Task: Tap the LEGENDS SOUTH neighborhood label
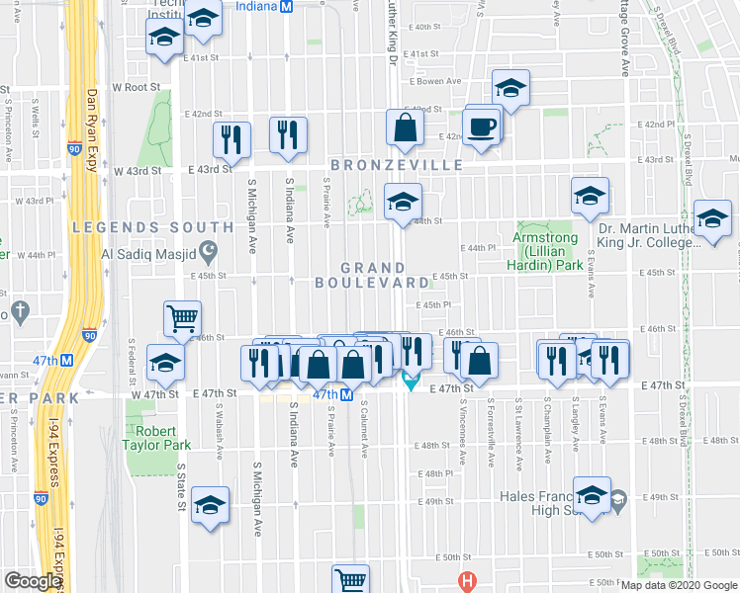[x=153, y=227]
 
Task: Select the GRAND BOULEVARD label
[x=374, y=275]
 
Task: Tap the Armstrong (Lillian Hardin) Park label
[x=548, y=252]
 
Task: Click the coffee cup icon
[x=483, y=128]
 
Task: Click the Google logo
[x=33, y=581]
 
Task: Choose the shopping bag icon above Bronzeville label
[x=405, y=128]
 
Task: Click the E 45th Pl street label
[x=433, y=305]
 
